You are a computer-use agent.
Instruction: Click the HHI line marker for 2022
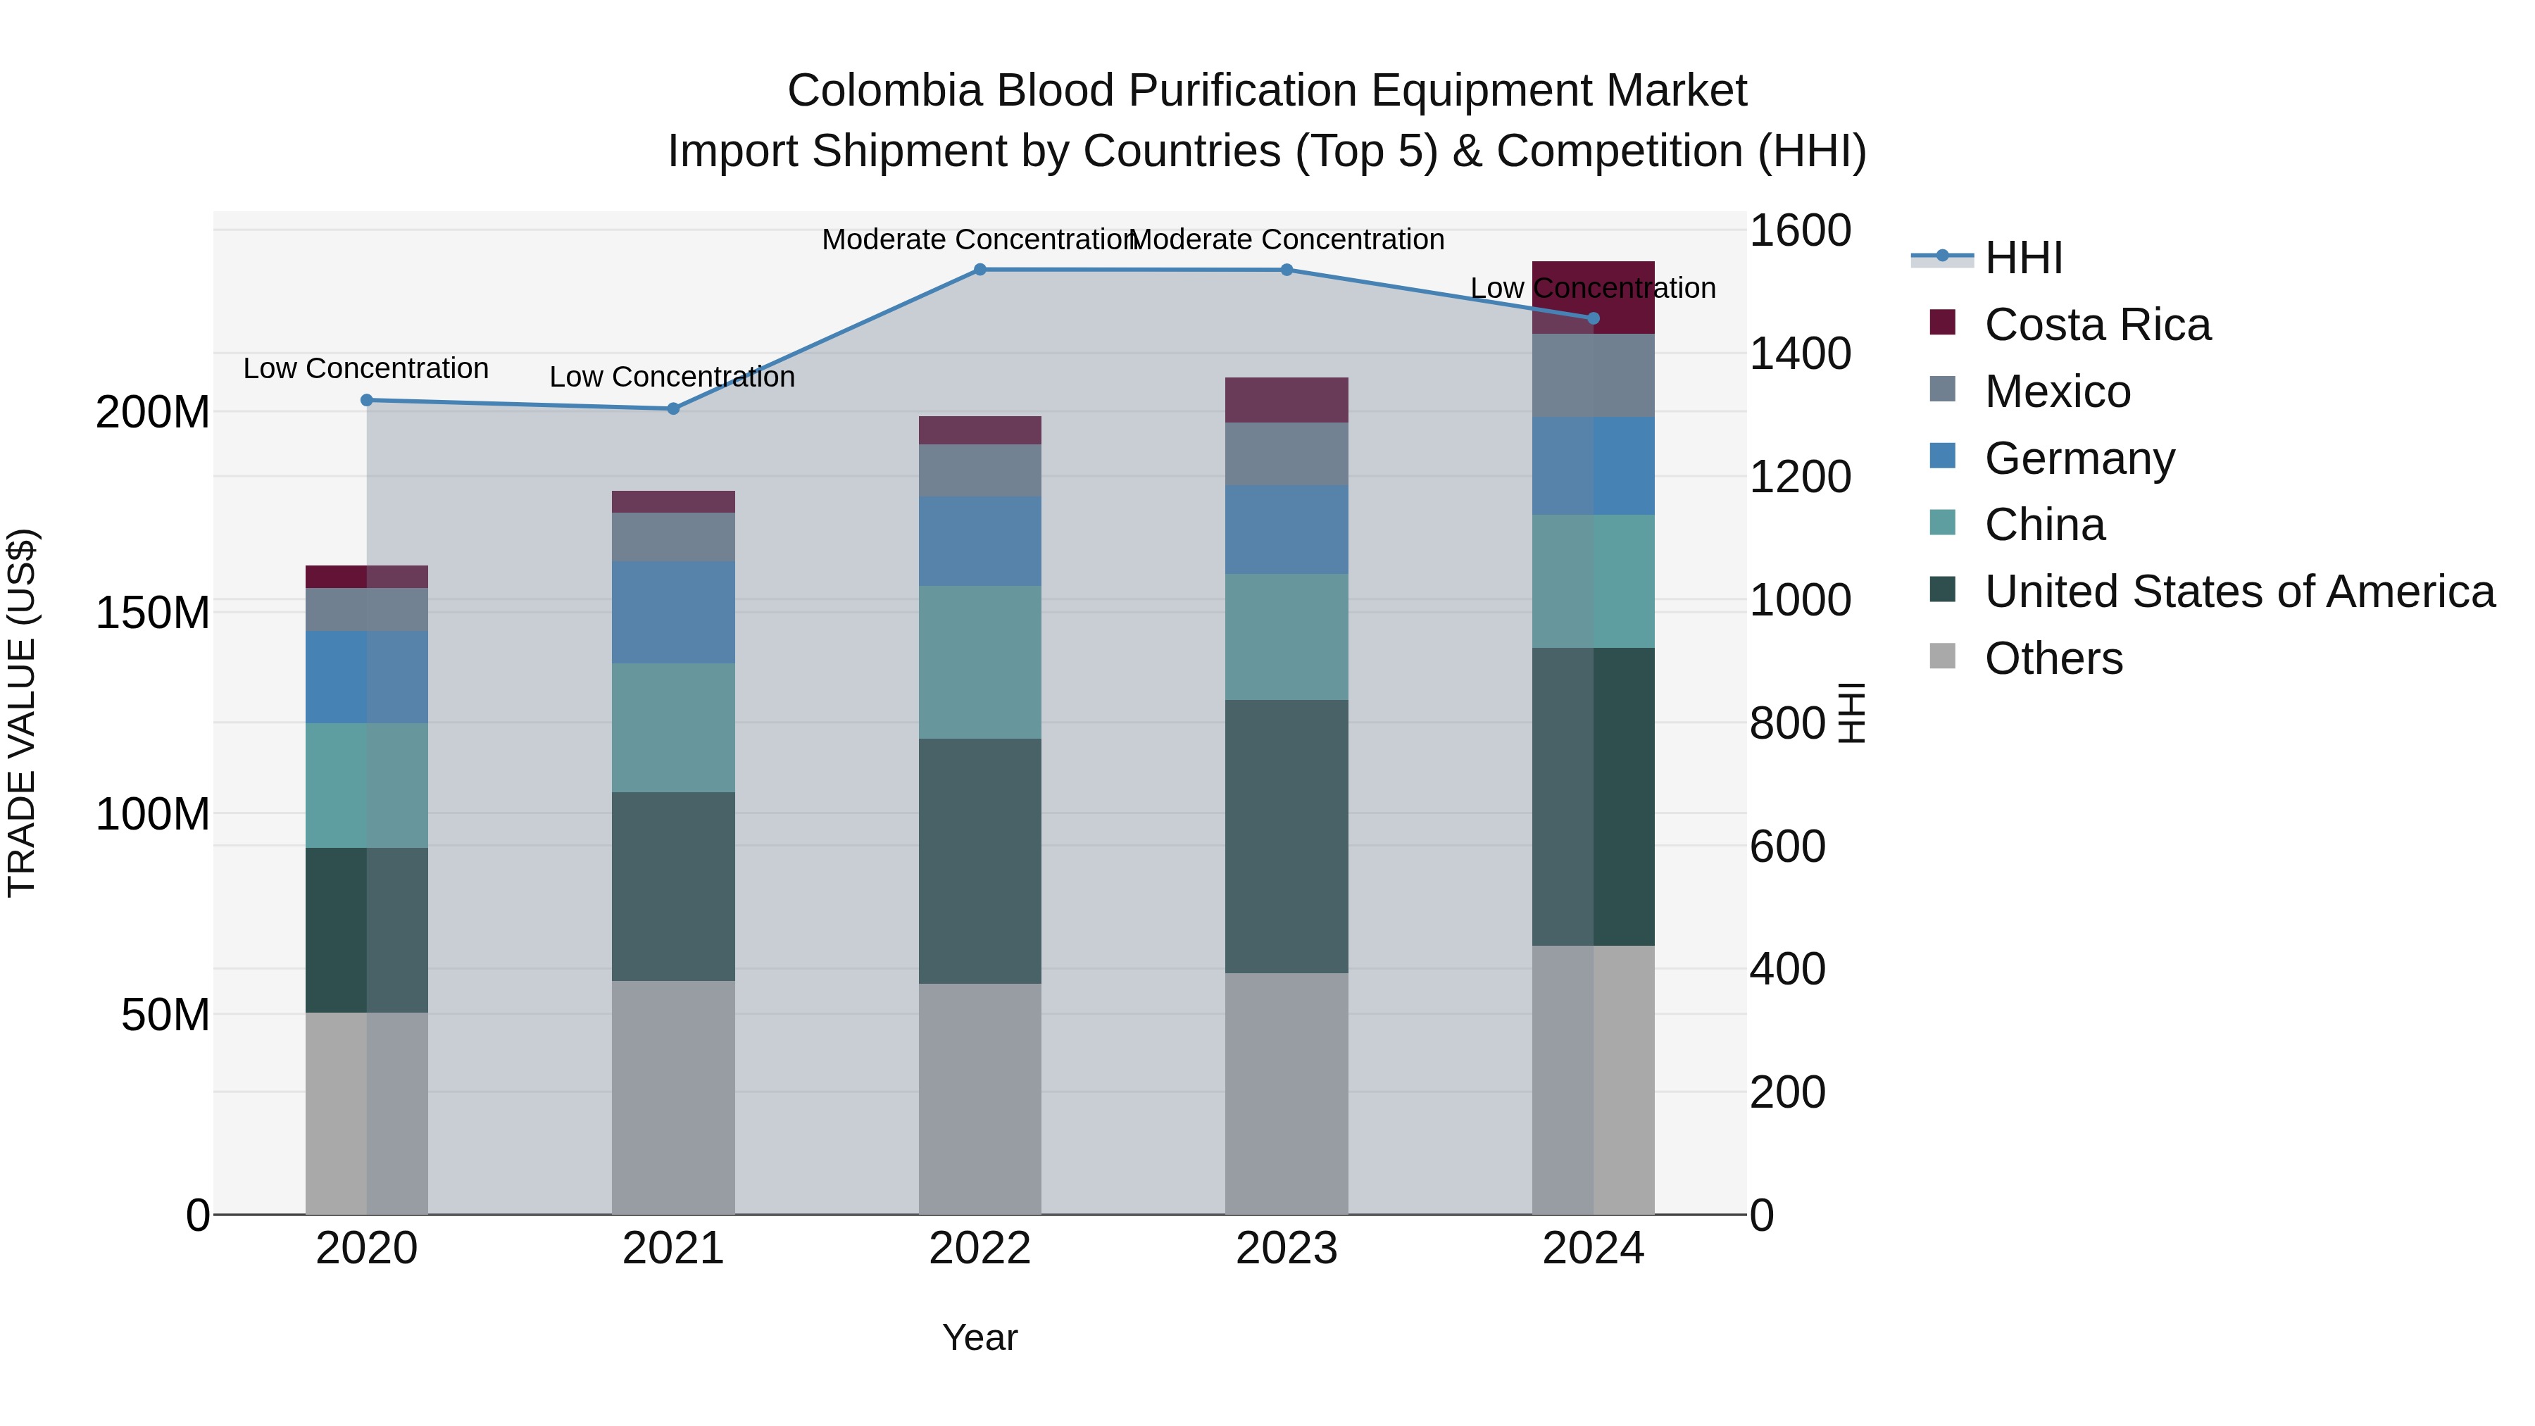click(x=979, y=270)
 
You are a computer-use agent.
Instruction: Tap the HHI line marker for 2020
click(x=367, y=401)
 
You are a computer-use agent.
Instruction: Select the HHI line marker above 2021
click(x=673, y=408)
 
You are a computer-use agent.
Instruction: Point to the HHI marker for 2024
click(x=1594, y=318)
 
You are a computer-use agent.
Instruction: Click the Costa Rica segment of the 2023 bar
click(x=1287, y=399)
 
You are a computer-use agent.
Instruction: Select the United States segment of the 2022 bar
click(x=979, y=861)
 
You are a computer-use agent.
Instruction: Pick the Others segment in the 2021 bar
click(x=673, y=1097)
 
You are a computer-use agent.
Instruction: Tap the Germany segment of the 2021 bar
click(x=673, y=612)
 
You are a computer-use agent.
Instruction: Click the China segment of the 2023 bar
click(x=1287, y=637)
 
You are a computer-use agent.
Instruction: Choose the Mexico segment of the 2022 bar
click(x=979, y=470)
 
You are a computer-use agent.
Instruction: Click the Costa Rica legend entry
click(x=2096, y=325)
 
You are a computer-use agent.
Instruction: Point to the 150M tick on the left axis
click(x=153, y=613)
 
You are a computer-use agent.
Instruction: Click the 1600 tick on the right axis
click(x=1800, y=231)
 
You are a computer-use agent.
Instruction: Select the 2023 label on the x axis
click(x=1287, y=1249)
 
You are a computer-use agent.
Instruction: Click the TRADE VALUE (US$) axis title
click(x=23, y=713)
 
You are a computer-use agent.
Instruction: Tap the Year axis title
click(x=979, y=1337)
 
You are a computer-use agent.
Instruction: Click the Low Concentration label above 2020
click(x=366, y=369)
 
